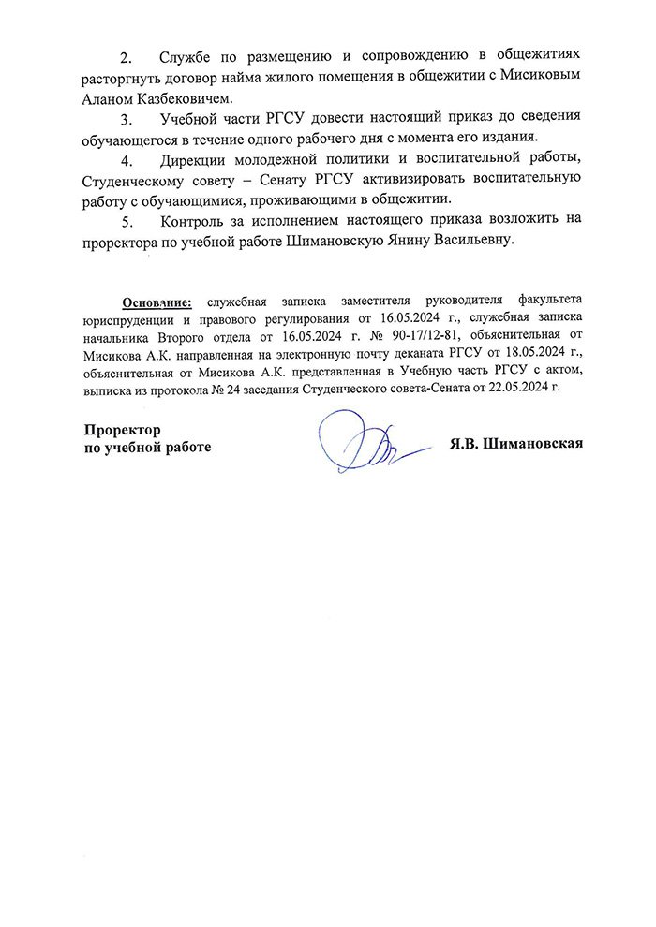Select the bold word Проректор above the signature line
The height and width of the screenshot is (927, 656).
[x=121, y=429]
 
